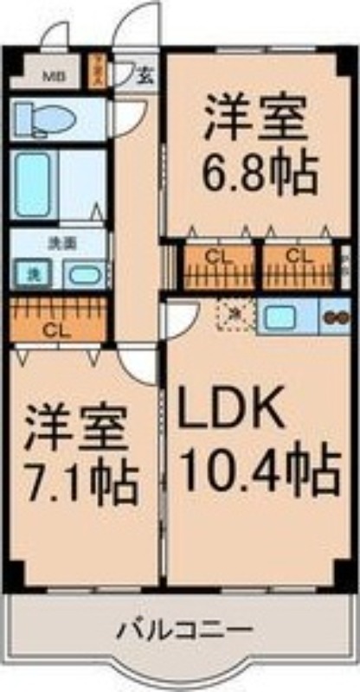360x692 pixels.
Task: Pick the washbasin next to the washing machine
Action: click(83, 275)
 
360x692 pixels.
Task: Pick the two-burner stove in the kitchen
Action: click(335, 317)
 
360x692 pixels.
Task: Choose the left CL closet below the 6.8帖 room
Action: click(215, 263)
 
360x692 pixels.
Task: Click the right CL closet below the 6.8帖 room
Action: click(298, 263)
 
